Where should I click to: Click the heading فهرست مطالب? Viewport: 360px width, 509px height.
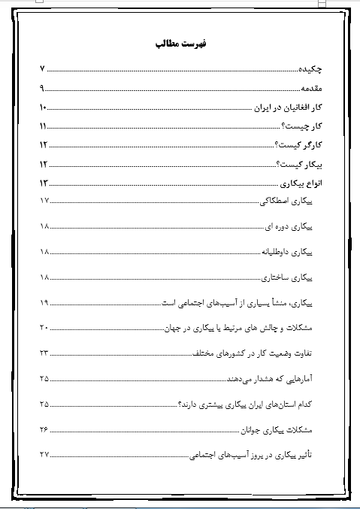(x=179, y=44)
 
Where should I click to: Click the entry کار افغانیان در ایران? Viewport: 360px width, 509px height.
(x=289, y=107)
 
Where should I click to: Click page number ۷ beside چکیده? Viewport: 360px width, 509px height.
(x=42, y=70)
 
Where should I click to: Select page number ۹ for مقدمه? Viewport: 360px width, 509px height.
(x=42, y=88)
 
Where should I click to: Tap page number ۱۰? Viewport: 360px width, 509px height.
(x=44, y=107)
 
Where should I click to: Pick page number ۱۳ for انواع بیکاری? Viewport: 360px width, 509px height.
(x=44, y=183)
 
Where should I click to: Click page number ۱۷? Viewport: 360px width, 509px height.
(x=44, y=201)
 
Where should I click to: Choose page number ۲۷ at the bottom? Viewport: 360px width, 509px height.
(x=44, y=454)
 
